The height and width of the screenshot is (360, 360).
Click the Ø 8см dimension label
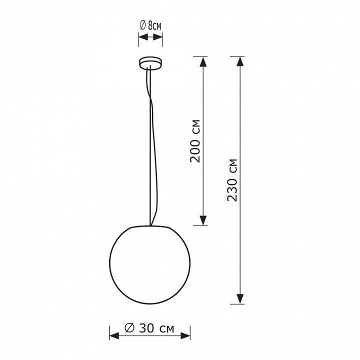(150, 25)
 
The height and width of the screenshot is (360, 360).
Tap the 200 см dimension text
(195, 141)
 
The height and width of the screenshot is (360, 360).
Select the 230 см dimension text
(232, 180)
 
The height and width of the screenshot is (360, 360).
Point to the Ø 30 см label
(149, 328)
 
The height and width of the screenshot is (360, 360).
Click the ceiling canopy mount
(150, 63)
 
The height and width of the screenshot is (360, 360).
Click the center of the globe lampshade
(149, 264)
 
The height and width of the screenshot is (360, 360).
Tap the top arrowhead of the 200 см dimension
(203, 61)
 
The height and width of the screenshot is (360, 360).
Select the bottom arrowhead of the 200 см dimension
(203, 220)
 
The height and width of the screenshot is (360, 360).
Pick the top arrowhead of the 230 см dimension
(240, 61)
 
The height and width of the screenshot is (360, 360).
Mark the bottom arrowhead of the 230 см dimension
(240, 299)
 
